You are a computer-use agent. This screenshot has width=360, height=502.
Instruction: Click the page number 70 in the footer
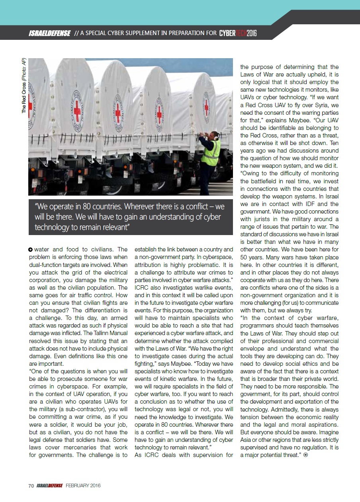pyautogui.click(x=31, y=486)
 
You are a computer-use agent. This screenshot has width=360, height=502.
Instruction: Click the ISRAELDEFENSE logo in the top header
pyautogui.click(x=50, y=33)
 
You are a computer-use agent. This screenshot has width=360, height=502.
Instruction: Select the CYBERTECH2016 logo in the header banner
pyautogui.click(x=238, y=33)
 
